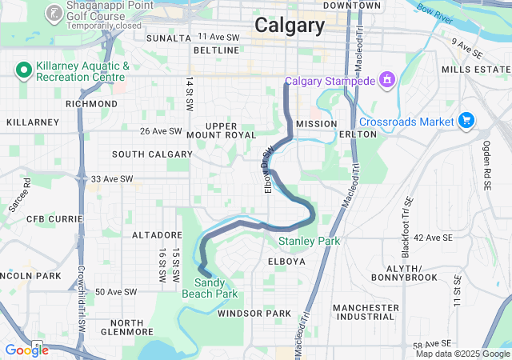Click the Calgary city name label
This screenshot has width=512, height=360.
click(290, 26)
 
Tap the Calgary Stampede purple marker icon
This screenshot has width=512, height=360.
click(387, 79)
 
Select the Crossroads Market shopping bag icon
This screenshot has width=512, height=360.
click(466, 121)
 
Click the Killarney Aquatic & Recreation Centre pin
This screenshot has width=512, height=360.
click(24, 70)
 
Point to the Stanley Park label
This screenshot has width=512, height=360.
click(309, 241)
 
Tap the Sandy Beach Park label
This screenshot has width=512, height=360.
click(216, 288)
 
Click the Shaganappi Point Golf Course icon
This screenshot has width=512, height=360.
click(54, 13)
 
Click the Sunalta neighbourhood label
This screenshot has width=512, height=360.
click(169, 38)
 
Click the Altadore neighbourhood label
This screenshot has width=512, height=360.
click(157, 235)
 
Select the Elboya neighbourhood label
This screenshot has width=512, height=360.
click(286, 262)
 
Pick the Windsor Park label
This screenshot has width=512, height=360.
click(254, 313)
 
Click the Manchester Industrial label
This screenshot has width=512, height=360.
click(366, 312)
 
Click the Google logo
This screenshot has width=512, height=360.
click(26, 350)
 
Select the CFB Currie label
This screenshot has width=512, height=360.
click(50, 218)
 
